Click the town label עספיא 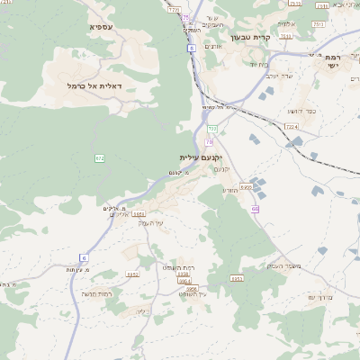click(101, 28)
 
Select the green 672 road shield click(100, 158)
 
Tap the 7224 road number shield click(291, 127)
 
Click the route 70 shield click(210, 141)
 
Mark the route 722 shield click(212, 129)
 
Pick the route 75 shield click(185, 18)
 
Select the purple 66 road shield click(256, 209)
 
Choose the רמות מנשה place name click(95, 293)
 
